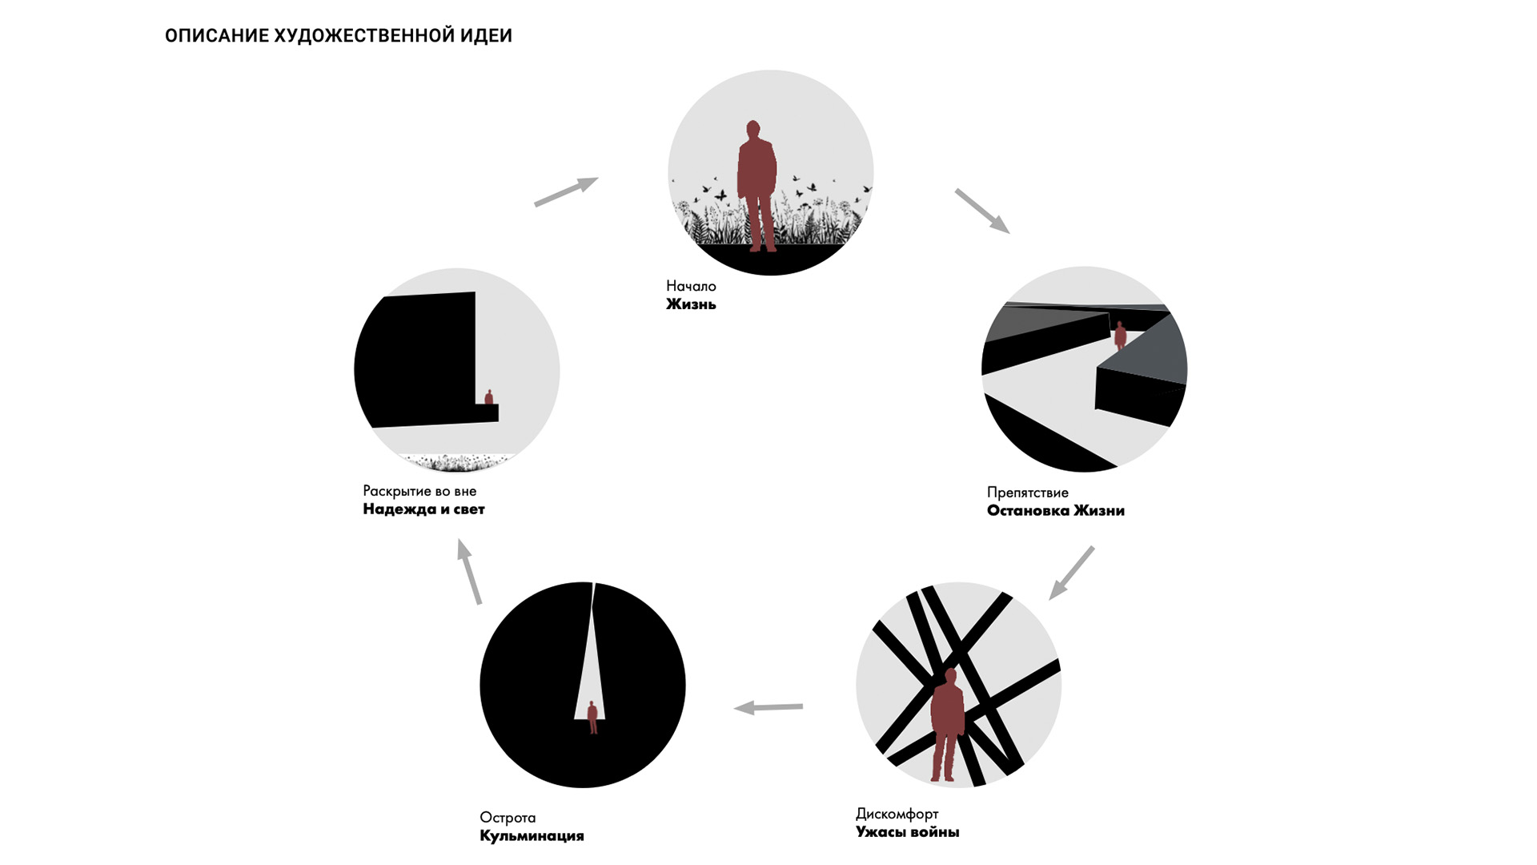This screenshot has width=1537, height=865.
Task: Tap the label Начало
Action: [691, 286]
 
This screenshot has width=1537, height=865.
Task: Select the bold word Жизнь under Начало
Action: [691, 304]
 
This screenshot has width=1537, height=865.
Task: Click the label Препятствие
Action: [1027, 493]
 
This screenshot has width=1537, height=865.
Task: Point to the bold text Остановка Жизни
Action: [1055, 511]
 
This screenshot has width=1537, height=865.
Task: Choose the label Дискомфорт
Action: [897, 815]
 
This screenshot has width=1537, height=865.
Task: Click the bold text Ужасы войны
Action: [907, 832]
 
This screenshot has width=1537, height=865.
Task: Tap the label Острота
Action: [508, 818]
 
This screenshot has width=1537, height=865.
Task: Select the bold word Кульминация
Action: [532, 836]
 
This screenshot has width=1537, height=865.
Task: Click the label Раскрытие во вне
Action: [419, 491]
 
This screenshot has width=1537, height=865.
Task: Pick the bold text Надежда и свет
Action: [423, 509]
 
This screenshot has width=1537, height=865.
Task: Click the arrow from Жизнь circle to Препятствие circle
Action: [982, 211]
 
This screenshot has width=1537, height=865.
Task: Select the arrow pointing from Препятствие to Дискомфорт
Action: [1071, 573]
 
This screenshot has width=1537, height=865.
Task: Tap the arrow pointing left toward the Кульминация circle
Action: [768, 707]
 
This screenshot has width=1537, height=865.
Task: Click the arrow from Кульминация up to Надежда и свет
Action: [469, 571]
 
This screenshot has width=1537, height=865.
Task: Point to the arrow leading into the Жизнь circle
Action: [566, 191]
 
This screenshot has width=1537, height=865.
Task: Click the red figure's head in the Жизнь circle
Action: [753, 130]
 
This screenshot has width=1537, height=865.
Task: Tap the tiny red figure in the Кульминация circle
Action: [592, 718]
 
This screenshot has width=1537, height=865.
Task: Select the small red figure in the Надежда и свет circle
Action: [489, 397]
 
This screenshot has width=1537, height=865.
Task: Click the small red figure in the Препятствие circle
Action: [1121, 336]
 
